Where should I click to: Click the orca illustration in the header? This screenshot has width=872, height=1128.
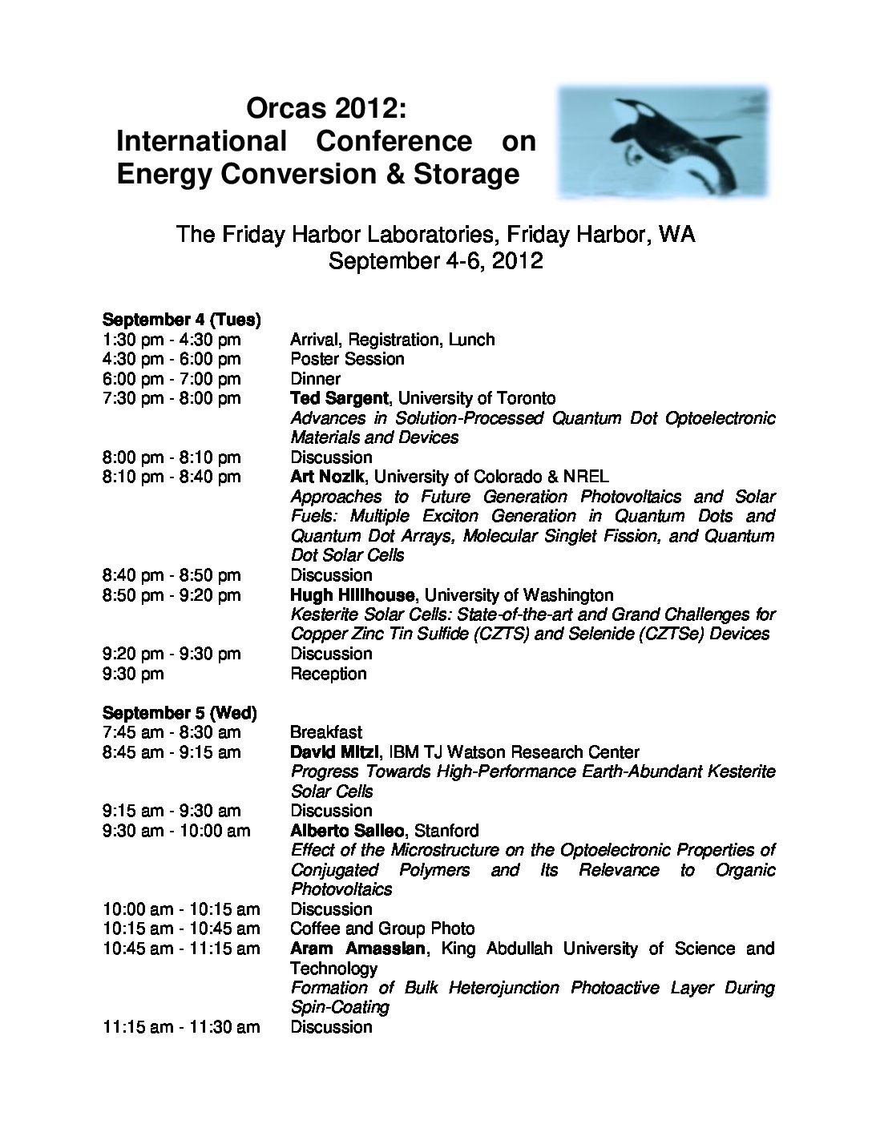click(x=664, y=142)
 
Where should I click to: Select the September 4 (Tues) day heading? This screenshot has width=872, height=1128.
click(x=181, y=319)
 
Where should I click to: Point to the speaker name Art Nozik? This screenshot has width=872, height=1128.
click(x=328, y=477)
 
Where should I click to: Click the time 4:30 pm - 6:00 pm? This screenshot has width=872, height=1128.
click(x=172, y=359)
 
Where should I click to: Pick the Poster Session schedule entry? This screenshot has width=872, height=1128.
click(x=347, y=359)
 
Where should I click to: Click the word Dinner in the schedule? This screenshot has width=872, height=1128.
click(x=315, y=379)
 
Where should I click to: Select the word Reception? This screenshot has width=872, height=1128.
click(x=328, y=673)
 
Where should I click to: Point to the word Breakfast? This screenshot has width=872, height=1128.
click(x=326, y=732)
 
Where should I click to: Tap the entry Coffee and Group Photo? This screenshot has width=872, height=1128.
click(x=382, y=929)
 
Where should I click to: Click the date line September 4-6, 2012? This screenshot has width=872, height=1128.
click(x=436, y=261)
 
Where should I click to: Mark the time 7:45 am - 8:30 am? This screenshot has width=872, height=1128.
click(x=172, y=732)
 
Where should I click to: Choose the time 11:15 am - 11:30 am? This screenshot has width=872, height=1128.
click(x=181, y=1027)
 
